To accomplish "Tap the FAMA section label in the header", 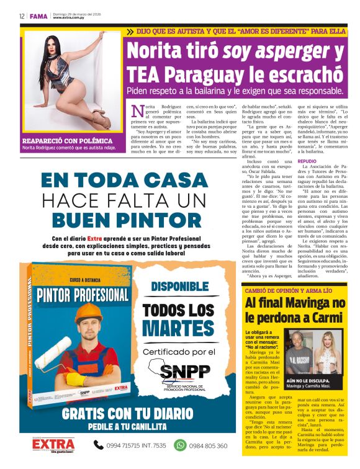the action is pyautogui.click(x=38, y=16).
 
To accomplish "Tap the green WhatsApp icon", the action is pyautogui.click(x=180, y=445).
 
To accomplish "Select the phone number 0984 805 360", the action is pyautogui.click(x=209, y=445).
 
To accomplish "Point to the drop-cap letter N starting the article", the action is pyautogui.click(x=137, y=110).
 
